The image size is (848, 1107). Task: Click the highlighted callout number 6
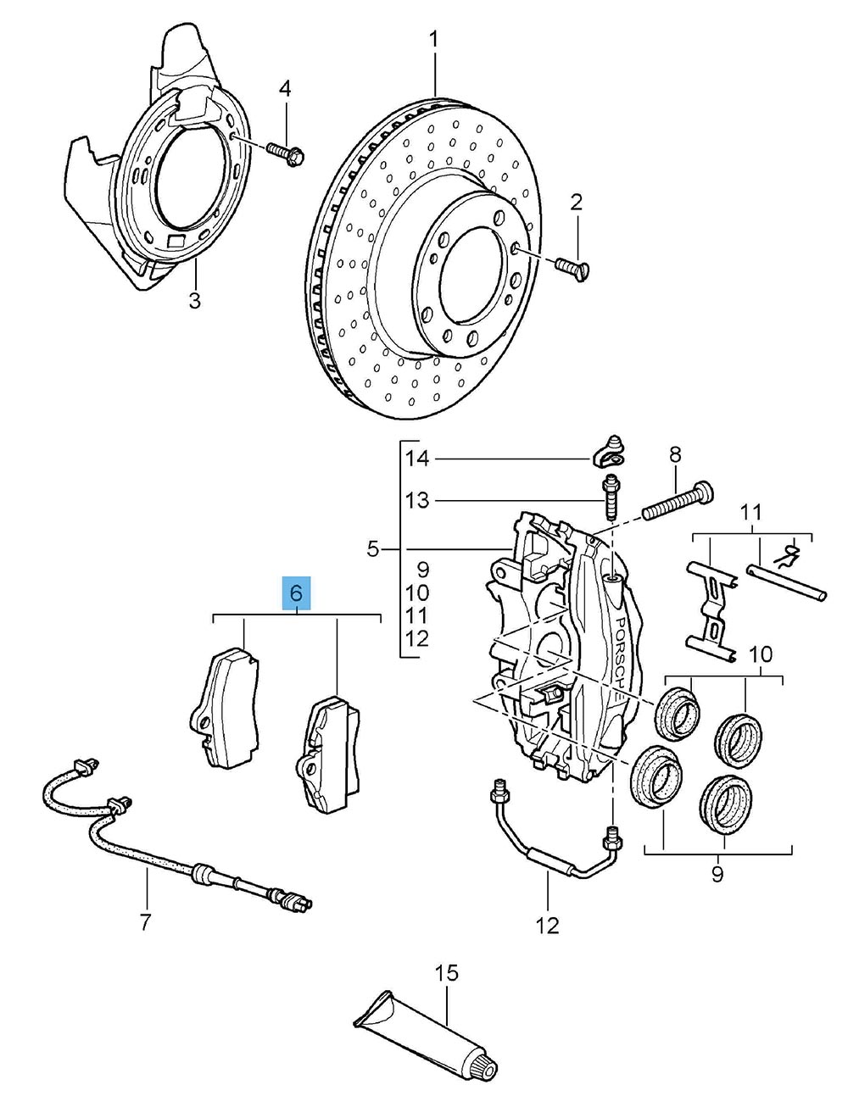(296, 593)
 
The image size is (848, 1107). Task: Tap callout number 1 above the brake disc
(434, 40)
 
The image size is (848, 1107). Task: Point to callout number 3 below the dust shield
(195, 300)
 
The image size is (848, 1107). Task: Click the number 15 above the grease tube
(446, 973)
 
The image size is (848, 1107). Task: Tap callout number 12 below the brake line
(548, 925)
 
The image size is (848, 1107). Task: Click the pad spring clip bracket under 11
(711, 609)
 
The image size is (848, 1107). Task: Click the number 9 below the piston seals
(717, 874)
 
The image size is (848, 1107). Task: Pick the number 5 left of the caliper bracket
(373, 549)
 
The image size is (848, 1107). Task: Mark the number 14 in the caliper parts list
(417, 459)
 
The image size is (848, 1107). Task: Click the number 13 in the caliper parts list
(417, 500)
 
